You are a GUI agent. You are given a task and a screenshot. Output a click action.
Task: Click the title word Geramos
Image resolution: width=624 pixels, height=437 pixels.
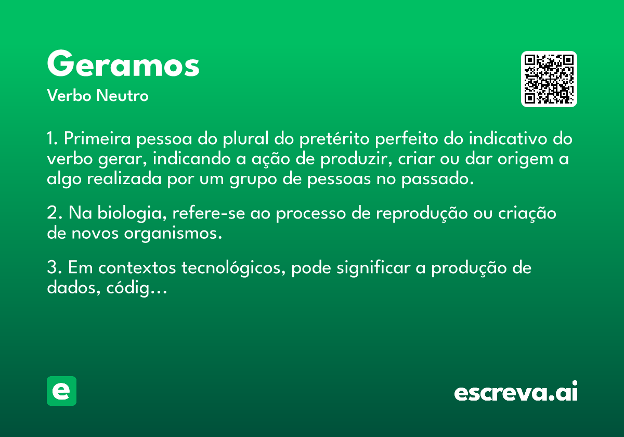(123, 63)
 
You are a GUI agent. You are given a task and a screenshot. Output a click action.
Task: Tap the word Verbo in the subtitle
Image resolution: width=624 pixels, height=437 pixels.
(69, 95)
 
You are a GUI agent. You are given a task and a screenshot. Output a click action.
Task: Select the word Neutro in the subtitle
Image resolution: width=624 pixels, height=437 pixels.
(122, 95)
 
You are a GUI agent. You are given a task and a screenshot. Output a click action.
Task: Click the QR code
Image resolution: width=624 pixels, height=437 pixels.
(549, 79)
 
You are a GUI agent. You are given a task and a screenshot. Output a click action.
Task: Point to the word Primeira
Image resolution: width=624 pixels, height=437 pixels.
(97, 138)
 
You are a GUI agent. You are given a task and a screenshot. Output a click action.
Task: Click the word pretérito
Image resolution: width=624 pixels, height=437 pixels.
(334, 139)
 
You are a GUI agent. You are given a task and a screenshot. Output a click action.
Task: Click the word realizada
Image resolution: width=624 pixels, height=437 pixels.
(124, 178)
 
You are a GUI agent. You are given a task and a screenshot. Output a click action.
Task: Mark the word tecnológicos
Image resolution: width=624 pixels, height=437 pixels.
(233, 268)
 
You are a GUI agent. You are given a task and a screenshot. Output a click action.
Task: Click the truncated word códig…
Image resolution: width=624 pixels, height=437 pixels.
(136, 288)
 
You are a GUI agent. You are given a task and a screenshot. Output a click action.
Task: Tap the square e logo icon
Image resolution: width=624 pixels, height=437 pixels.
(61, 391)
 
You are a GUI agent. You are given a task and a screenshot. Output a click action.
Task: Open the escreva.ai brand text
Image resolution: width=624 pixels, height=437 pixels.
(516, 391)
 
